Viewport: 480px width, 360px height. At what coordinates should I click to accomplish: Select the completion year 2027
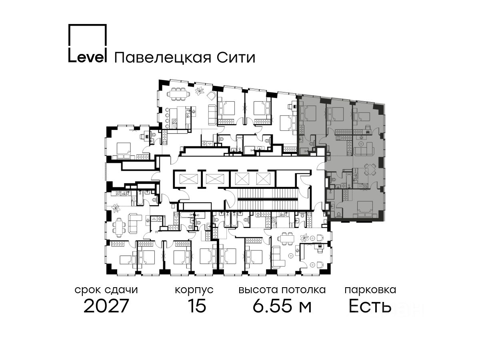(106, 306)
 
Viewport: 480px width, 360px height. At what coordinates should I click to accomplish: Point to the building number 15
(197, 306)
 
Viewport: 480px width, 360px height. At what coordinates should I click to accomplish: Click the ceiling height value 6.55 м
(282, 306)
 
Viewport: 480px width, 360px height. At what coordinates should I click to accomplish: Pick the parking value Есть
(370, 306)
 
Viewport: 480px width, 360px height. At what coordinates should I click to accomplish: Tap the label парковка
(370, 290)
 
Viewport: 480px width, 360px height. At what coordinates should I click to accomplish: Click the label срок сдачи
(106, 290)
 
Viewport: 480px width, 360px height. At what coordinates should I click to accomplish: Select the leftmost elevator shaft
(186, 178)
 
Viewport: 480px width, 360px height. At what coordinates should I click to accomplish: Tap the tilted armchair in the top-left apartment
(211, 95)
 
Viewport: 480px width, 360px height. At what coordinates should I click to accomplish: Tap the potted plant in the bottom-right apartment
(306, 237)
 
